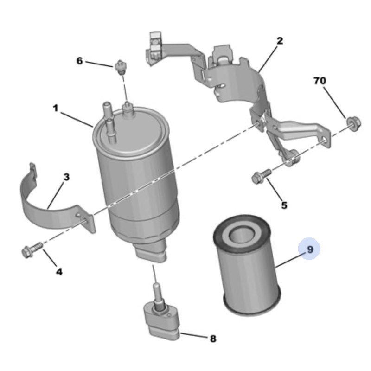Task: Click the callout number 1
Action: [55, 109]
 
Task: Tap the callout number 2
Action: [279, 41]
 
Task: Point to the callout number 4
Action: [59, 272]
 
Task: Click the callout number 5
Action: [284, 205]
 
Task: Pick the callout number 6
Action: [79, 61]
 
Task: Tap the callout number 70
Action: [320, 81]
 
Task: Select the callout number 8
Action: [213, 339]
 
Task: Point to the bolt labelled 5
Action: [259, 178]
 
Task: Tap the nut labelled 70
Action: [352, 123]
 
